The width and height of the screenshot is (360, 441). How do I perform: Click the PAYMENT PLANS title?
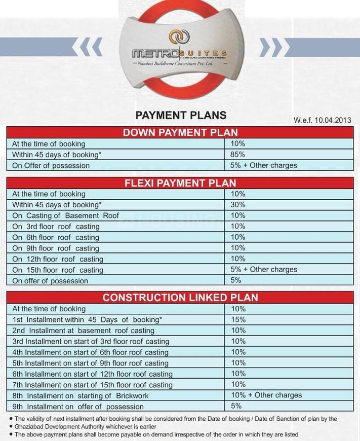(x=181, y=115)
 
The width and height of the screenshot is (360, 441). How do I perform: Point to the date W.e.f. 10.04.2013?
(x=322, y=120)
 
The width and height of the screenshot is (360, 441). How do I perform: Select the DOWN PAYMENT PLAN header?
(x=180, y=133)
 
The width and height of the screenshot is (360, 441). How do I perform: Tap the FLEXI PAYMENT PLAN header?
(x=180, y=183)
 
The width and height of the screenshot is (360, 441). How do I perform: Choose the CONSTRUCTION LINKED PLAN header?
(x=180, y=298)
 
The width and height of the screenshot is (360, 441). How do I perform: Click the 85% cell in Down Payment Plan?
(x=237, y=155)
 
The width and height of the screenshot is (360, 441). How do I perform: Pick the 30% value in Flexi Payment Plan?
(x=238, y=205)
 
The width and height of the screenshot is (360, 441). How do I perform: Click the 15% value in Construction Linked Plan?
(x=238, y=320)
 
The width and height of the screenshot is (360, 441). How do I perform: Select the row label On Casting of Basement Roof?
(x=65, y=215)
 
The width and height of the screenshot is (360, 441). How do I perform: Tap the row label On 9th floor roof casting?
(x=56, y=248)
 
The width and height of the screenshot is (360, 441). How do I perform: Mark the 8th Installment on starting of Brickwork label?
(x=81, y=396)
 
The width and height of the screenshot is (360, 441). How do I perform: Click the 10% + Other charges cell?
(x=266, y=395)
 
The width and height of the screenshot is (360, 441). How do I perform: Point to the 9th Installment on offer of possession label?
(x=78, y=407)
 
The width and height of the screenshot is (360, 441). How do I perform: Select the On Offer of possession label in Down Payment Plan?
(x=51, y=166)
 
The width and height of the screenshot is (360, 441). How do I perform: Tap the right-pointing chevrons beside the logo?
(x=271, y=47)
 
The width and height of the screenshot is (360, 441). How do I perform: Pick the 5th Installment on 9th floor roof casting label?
(x=90, y=363)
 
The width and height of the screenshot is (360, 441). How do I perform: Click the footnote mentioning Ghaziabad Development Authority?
(x=85, y=427)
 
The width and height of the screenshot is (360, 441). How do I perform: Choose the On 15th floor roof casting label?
(x=58, y=270)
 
